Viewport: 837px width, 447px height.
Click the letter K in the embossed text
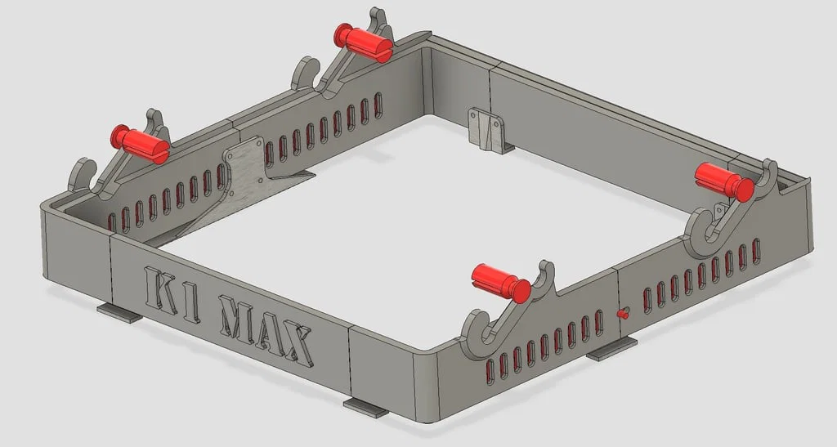click(x=161, y=286)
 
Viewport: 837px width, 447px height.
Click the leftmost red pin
click(x=140, y=142)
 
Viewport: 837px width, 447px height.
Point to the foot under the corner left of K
click(x=119, y=312)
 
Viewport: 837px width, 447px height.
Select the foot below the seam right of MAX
click(x=365, y=407)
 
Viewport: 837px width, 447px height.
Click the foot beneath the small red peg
click(x=611, y=351)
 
